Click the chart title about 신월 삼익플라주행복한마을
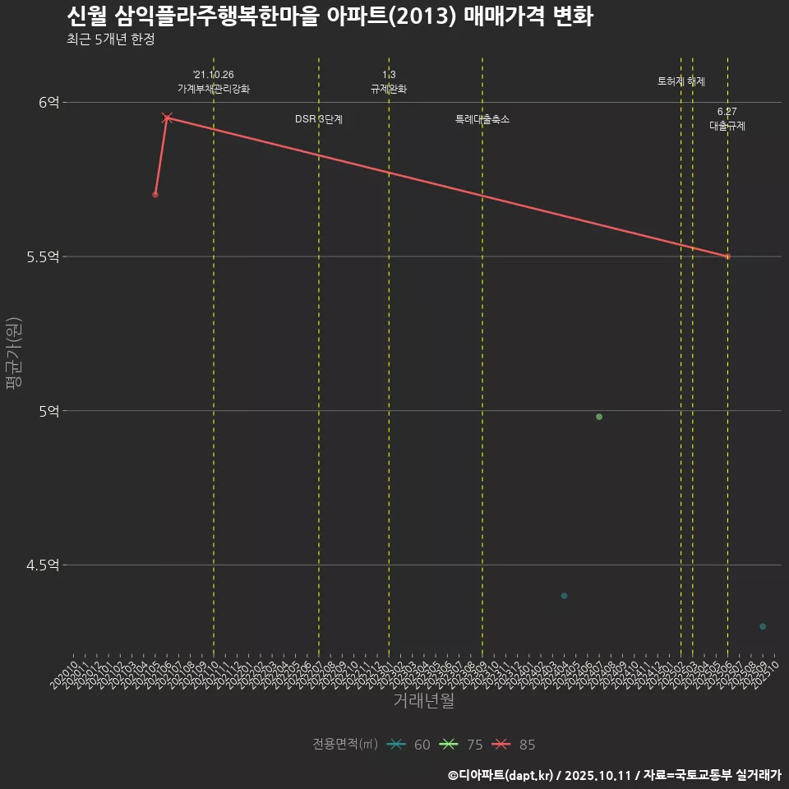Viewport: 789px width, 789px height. pyautogui.click(x=329, y=16)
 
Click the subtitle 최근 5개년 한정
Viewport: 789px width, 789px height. pyautogui.click(x=110, y=39)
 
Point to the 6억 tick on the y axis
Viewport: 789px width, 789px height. pyautogui.click(x=48, y=103)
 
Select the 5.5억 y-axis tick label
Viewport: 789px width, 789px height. pyautogui.click(x=43, y=256)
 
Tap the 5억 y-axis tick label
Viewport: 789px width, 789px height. pyautogui.click(x=48, y=411)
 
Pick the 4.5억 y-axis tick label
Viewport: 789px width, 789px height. pyautogui.click(x=43, y=565)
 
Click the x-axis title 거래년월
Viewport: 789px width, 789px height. pyautogui.click(x=423, y=701)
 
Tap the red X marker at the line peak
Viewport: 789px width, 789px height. pyautogui.click(x=167, y=118)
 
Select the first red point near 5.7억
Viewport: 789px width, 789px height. pyautogui.click(x=155, y=195)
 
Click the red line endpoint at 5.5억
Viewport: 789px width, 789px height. pyautogui.click(x=727, y=256)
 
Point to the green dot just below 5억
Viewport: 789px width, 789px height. pyautogui.click(x=599, y=417)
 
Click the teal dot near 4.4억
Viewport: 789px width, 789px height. pyautogui.click(x=564, y=596)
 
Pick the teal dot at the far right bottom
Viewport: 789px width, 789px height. pyautogui.click(x=763, y=626)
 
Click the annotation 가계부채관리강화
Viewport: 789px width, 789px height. pyautogui.click(x=214, y=89)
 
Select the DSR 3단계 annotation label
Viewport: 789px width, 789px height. pyautogui.click(x=319, y=119)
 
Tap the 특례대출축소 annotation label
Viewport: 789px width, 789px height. pyautogui.click(x=482, y=119)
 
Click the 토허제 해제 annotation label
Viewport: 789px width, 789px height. pyautogui.click(x=681, y=81)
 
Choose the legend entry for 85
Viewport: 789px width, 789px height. pyautogui.click(x=514, y=745)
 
